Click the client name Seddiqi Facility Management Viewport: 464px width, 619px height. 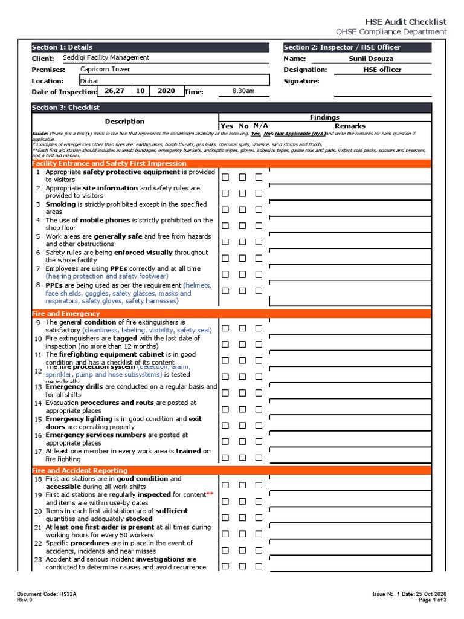[x=106, y=58]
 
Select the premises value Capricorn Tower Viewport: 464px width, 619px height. [x=105, y=69]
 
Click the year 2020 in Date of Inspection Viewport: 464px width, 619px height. [x=166, y=91]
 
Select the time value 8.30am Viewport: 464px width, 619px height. [x=243, y=91]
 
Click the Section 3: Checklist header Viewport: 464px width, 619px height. [x=66, y=108]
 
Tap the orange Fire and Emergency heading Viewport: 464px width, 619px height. [x=66, y=314]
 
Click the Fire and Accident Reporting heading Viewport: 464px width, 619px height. [x=79, y=470]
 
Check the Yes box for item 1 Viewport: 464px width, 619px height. [x=225, y=178]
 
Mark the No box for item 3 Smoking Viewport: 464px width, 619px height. [x=242, y=210]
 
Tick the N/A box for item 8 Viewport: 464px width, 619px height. [x=259, y=291]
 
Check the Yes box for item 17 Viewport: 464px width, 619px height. [x=225, y=457]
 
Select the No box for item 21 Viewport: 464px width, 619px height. [x=242, y=534]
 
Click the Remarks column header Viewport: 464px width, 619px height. [x=350, y=126]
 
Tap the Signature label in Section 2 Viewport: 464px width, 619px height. [x=301, y=81]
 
